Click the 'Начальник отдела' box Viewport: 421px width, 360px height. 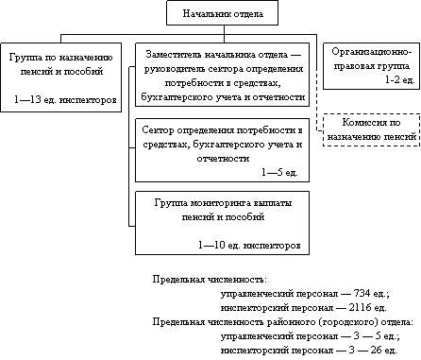click(x=222, y=13)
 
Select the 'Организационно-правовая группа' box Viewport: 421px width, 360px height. click(x=371, y=66)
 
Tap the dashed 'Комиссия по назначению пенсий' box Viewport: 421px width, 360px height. click(x=371, y=129)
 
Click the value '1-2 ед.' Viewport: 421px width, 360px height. click(x=400, y=80)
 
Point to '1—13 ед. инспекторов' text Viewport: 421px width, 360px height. click(x=65, y=100)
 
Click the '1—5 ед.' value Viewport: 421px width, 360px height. click(x=279, y=172)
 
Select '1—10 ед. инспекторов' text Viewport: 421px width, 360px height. click(x=249, y=245)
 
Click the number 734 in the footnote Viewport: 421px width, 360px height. click(x=362, y=294)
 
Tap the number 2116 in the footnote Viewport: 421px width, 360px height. click(x=360, y=307)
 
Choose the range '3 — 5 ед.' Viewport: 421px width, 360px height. click(x=377, y=335)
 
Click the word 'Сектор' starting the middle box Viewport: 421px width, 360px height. click(x=158, y=129)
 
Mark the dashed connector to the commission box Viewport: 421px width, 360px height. click(x=317, y=82)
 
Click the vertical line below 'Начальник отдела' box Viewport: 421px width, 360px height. click(x=224, y=34)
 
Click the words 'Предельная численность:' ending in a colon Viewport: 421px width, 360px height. click(x=210, y=280)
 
